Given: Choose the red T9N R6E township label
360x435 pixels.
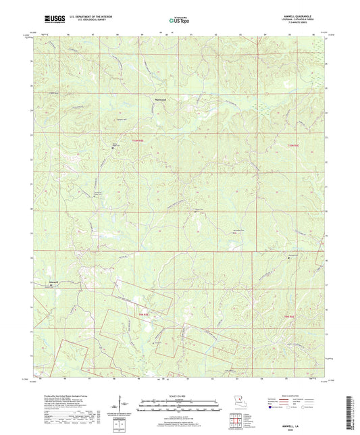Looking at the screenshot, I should pos(288,316).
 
